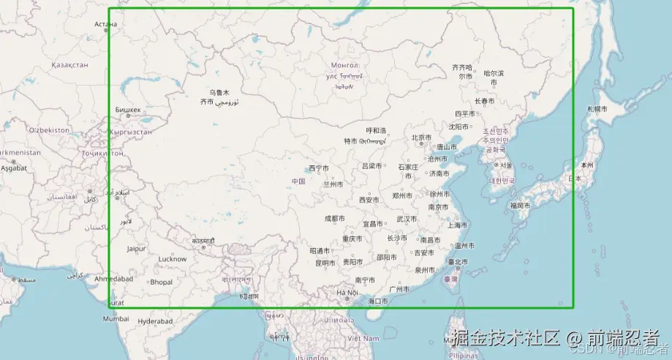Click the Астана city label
click(105, 24)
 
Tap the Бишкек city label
click(127, 110)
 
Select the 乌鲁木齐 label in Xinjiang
click(219, 97)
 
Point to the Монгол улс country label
click(344, 70)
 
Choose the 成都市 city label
click(334, 218)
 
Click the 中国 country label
click(298, 181)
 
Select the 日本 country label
click(575, 178)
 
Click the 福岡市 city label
click(520, 206)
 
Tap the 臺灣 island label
click(451, 279)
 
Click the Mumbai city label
click(116, 319)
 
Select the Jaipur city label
click(136, 249)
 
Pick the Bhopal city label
click(162, 282)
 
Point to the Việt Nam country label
click(363, 338)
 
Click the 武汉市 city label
click(406, 219)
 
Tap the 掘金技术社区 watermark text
click(506, 338)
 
